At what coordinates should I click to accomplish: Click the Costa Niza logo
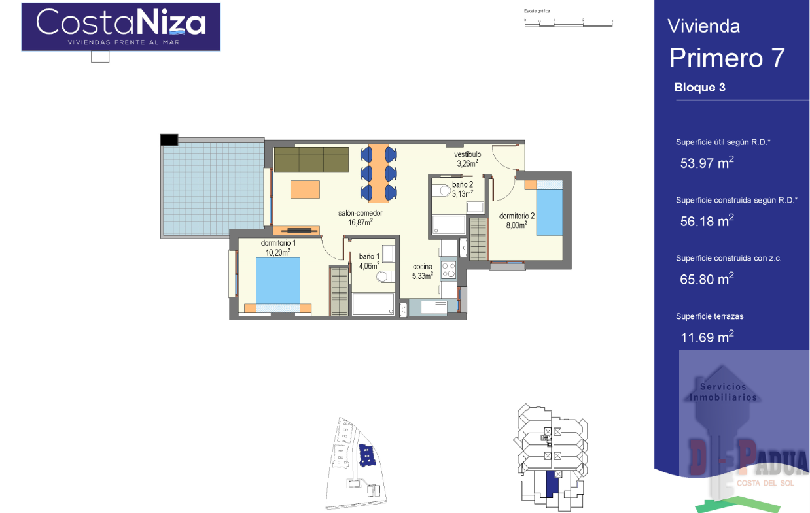[x=120, y=26]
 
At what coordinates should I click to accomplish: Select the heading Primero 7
[x=726, y=58]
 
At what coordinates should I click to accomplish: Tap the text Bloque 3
[x=699, y=88]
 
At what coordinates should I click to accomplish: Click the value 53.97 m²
[x=707, y=163]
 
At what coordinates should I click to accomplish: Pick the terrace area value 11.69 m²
[x=707, y=337]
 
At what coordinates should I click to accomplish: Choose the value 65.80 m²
[x=707, y=279]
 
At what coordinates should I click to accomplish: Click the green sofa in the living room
[x=311, y=159]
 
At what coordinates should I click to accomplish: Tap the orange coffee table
[x=305, y=190]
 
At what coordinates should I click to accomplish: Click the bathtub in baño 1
[x=374, y=305]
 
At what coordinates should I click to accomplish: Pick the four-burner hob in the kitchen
[x=448, y=270]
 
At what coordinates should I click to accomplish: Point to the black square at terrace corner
[x=169, y=139]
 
